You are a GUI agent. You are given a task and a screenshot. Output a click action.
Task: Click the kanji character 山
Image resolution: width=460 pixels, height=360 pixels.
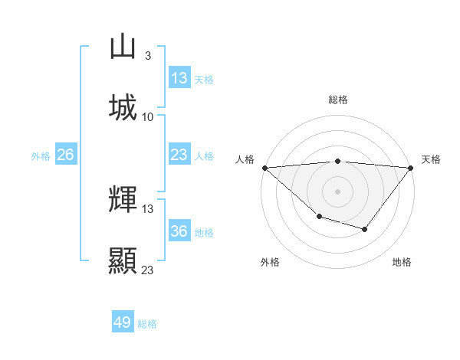click(x=123, y=47)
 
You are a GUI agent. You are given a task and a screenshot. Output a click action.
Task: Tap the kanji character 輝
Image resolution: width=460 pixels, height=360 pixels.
click(x=123, y=200)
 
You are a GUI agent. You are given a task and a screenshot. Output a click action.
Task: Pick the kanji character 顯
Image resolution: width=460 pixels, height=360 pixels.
click(x=123, y=260)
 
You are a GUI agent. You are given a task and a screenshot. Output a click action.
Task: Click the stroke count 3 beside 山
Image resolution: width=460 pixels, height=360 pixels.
click(x=147, y=55)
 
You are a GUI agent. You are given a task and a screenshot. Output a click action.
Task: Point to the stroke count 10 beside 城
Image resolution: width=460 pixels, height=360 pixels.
click(x=148, y=116)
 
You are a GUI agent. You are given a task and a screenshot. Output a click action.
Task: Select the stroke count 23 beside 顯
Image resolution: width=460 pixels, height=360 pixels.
click(x=148, y=270)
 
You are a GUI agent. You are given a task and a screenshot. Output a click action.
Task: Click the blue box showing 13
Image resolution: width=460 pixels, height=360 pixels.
click(x=179, y=78)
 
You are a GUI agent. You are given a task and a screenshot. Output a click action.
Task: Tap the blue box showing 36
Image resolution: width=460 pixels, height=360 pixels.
click(x=179, y=231)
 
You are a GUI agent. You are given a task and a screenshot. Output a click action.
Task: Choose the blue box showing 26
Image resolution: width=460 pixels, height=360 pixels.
click(x=66, y=155)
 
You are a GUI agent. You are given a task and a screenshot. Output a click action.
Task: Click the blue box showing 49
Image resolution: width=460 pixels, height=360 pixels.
click(x=123, y=323)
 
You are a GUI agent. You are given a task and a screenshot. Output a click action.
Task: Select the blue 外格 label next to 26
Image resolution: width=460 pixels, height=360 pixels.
click(x=41, y=155)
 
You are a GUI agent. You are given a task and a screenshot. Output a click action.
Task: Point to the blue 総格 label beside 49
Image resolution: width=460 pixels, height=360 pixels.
click(x=147, y=324)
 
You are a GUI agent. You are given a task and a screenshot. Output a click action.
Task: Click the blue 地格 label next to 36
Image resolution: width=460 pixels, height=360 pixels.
click(x=204, y=232)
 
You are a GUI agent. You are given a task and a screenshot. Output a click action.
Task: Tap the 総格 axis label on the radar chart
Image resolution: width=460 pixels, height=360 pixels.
click(x=338, y=100)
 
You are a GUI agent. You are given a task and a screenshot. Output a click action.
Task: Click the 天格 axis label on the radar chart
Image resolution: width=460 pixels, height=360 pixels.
click(x=432, y=159)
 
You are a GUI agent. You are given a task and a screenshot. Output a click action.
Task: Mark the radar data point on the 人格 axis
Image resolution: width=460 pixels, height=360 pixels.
click(x=264, y=168)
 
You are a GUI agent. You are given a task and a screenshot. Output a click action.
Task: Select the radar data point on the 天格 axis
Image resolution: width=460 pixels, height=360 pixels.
click(x=412, y=168)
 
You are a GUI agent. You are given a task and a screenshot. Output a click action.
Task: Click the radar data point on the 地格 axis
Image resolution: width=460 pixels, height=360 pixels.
click(x=365, y=229)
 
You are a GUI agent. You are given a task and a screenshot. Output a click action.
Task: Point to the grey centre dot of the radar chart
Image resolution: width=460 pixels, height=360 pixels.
click(x=338, y=191)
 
